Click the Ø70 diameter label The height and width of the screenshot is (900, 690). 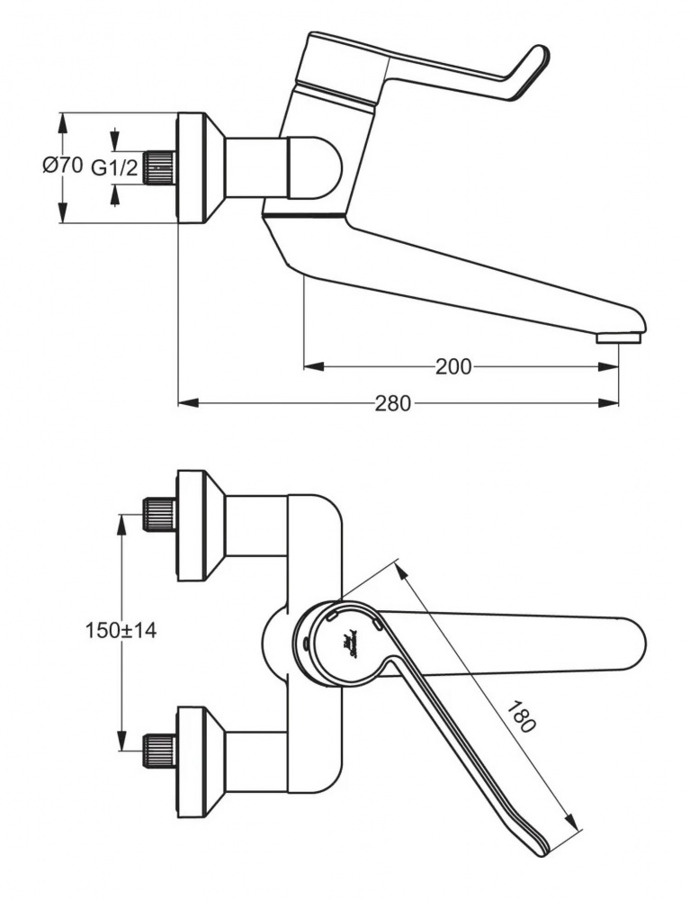[62, 166]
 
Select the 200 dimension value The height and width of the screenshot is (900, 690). [453, 366]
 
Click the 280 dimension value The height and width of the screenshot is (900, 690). [393, 403]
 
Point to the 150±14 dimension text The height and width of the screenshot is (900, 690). [121, 631]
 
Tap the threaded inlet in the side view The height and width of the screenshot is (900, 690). [159, 167]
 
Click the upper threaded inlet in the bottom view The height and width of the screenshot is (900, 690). [159, 514]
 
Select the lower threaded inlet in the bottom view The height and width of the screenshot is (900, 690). [159, 750]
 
